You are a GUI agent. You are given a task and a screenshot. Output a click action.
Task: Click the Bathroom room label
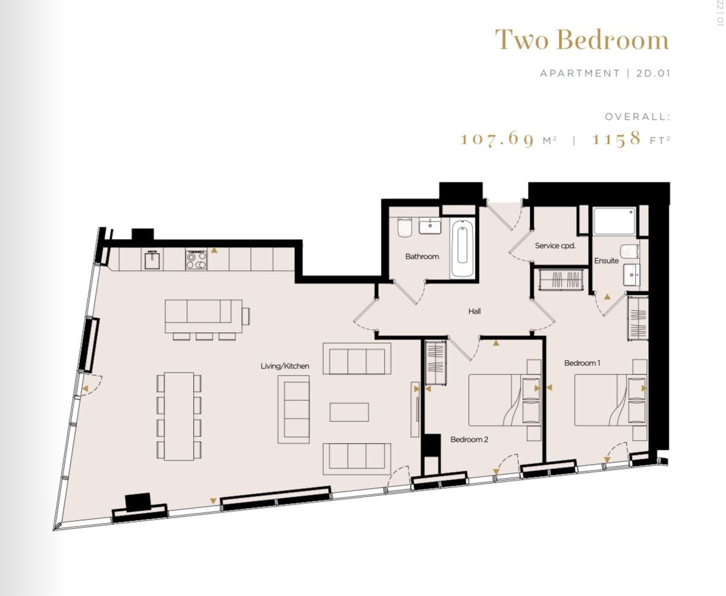pyautogui.click(x=421, y=256)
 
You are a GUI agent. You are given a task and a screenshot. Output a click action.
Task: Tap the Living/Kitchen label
pyautogui.click(x=285, y=366)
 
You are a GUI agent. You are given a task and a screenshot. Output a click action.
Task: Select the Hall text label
pyautogui.click(x=474, y=311)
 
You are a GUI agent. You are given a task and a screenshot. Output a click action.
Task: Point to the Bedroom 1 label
pyautogui.click(x=582, y=363)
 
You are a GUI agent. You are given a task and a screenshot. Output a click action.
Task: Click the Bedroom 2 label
pyautogui.click(x=469, y=439)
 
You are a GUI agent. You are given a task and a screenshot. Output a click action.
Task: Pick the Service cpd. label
pyautogui.click(x=555, y=246)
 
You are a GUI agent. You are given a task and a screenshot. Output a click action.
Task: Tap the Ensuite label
pyautogui.click(x=606, y=261)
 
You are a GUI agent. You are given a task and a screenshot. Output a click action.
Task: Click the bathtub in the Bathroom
pyautogui.click(x=462, y=249)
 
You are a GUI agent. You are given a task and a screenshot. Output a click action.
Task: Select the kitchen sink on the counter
pyautogui.click(x=151, y=259)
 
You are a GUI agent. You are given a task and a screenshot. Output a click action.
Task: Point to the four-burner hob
pyautogui.click(x=196, y=259)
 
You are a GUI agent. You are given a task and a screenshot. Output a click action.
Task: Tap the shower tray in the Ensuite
pyautogui.click(x=614, y=221)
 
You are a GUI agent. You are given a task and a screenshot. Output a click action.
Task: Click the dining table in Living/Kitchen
pyautogui.click(x=179, y=416)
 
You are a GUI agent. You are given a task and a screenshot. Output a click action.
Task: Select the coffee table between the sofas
pyautogui.click(x=349, y=412)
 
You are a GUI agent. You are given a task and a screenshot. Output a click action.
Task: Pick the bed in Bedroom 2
pyautogui.click(x=497, y=400)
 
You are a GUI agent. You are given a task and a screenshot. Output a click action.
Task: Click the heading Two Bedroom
pyautogui.click(x=582, y=40)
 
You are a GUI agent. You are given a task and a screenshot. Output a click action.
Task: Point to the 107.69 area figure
pyautogui.click(x=497, y=139)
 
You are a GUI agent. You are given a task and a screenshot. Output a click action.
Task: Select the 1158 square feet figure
pyautogui.click(x=616, y=139)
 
